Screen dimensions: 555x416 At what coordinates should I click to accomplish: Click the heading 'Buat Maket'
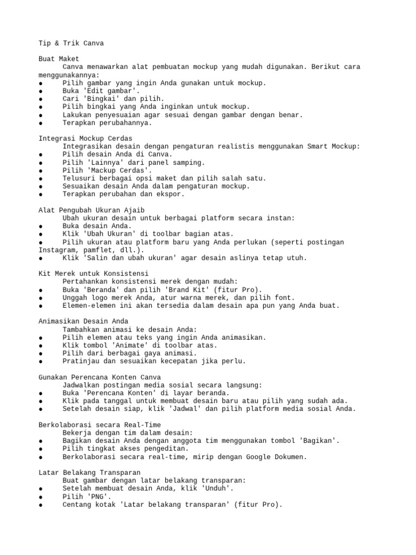[58, 59]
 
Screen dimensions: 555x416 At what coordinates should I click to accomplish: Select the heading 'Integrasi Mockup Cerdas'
[85, 138]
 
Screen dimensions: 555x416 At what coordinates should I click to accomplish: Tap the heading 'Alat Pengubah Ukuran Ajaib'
[91, 210]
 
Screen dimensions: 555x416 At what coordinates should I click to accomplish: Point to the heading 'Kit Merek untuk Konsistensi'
[93, 274]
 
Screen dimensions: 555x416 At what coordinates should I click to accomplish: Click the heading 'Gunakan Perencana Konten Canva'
[99, 377]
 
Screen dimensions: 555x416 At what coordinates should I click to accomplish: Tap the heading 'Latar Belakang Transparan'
[89, 473]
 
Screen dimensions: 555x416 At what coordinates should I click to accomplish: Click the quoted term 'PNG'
[101, 496]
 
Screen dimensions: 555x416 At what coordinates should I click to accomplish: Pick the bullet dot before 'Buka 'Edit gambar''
[41, 91]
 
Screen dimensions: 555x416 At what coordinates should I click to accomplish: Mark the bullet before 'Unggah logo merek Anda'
[41, 298]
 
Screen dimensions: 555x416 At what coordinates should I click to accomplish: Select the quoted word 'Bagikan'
[318, 441]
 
